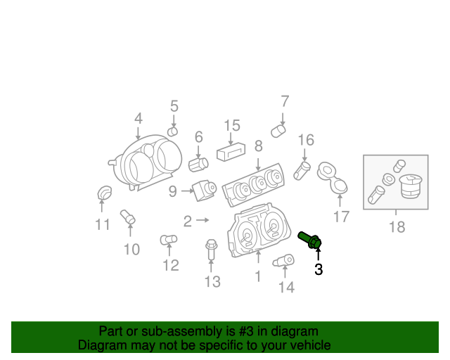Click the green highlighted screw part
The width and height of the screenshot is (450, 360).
(310, 239)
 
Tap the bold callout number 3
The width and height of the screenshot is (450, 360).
(319, 269)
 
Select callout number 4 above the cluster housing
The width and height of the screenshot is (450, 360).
(138, 118)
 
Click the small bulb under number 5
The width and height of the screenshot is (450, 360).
(173, 131)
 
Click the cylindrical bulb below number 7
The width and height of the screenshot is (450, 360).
(279, 129)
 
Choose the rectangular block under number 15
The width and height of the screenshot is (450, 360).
(231, 152)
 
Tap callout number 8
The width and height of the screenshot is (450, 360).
(258, 146)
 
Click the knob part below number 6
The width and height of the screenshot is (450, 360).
(198, 164)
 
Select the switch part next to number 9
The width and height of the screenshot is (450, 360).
(205, 189)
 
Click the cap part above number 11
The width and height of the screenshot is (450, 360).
(103, 192)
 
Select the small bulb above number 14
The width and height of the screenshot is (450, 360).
(284, 262)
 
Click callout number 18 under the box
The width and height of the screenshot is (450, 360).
(397, 226)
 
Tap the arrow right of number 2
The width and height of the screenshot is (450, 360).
(203, 221)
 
